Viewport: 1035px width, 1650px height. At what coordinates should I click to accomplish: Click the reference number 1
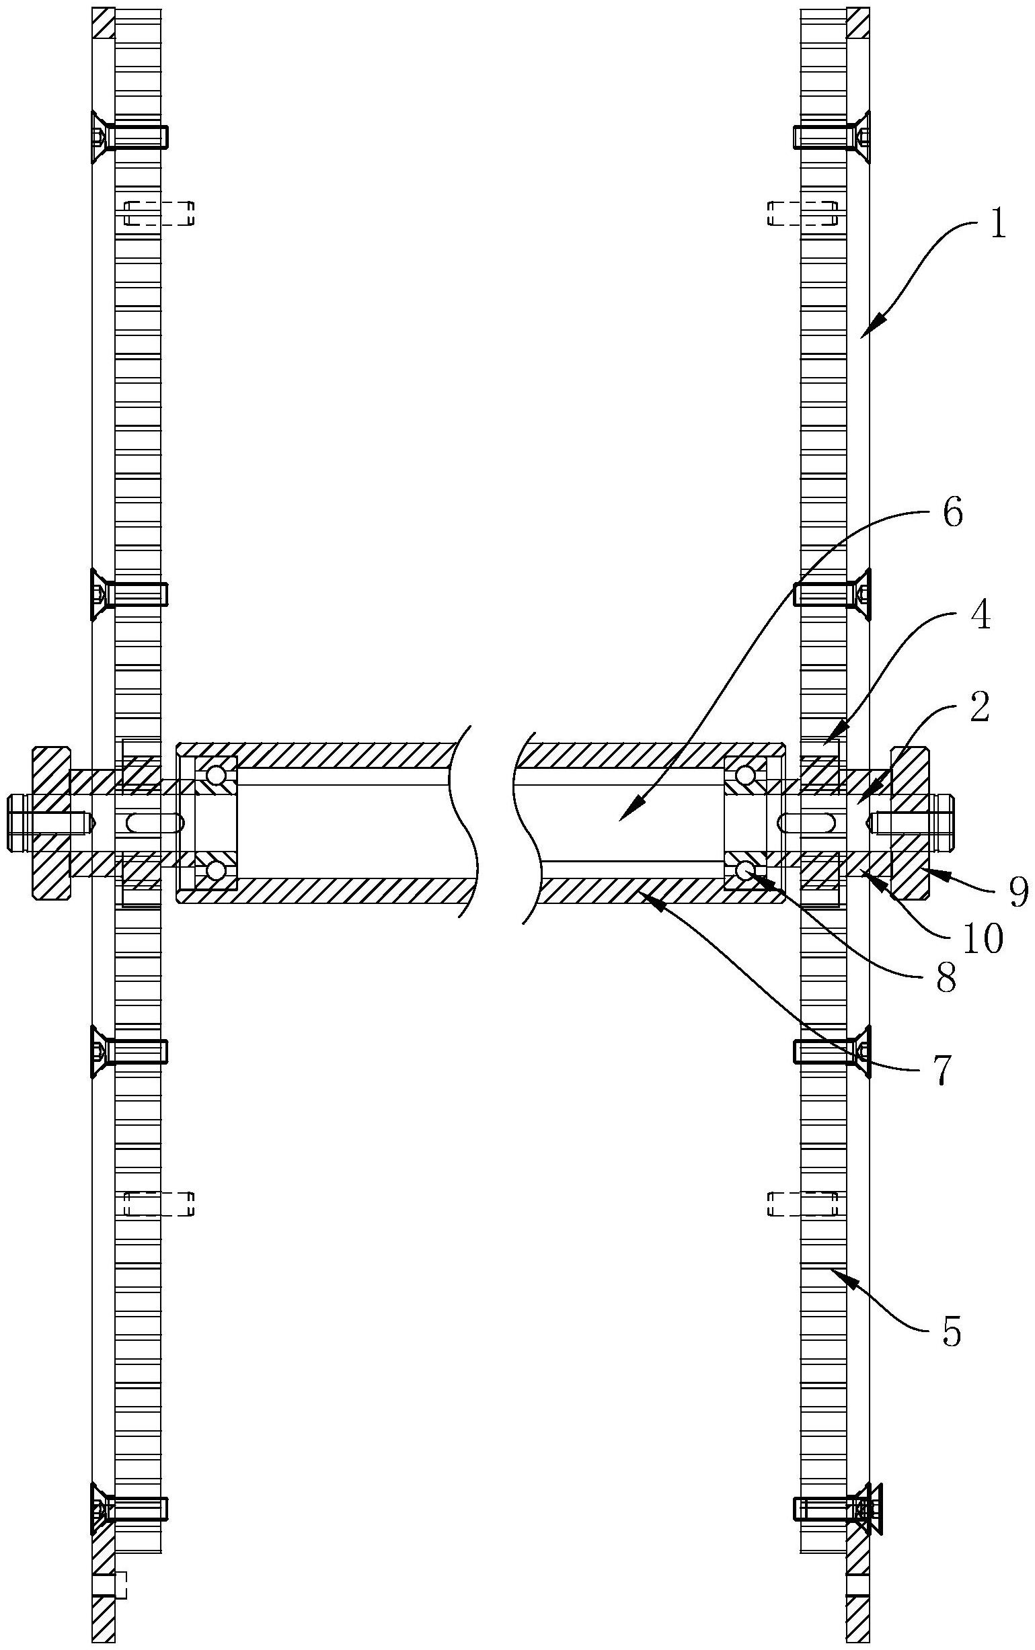pyautogui.click(x=999, y=225)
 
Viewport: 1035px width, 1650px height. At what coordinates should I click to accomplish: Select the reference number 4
pyautogui.click(x=981, y=618)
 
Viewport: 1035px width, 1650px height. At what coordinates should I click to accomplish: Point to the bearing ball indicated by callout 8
pyautogui.click(x=744, y=869)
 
